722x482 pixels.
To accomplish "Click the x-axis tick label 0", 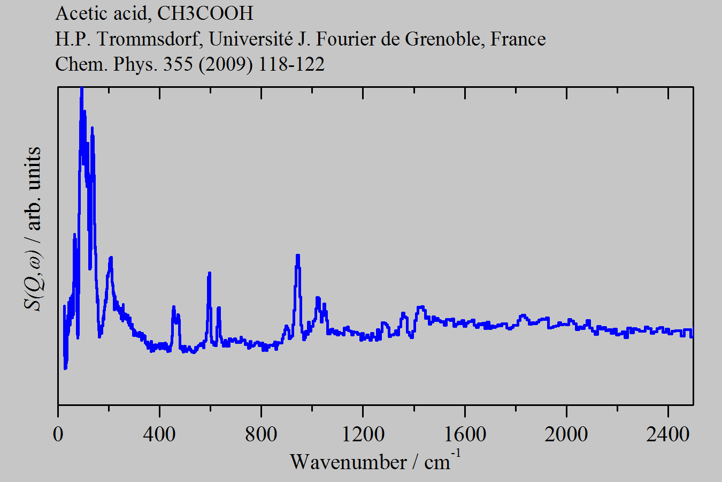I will click(58, 434).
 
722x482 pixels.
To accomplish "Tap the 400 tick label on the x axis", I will click(159, 434).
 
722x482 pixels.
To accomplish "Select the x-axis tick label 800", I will click(261, 434).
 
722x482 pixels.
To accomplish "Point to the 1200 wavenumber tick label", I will click(363, 434).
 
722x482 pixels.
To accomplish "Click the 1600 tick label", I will click(464, 434).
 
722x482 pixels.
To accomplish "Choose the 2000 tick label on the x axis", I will click(566, 434).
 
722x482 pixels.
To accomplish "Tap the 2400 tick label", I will click(667, 434).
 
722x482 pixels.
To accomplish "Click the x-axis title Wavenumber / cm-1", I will click(374, 461).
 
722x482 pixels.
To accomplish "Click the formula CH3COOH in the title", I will click(205, 13).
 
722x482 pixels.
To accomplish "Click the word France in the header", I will click(518, 39).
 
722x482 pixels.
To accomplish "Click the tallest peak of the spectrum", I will click(81, 89).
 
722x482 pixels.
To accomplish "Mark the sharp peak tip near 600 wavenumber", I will click(210, 273).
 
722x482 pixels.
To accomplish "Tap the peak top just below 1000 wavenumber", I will click(297, 255).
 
